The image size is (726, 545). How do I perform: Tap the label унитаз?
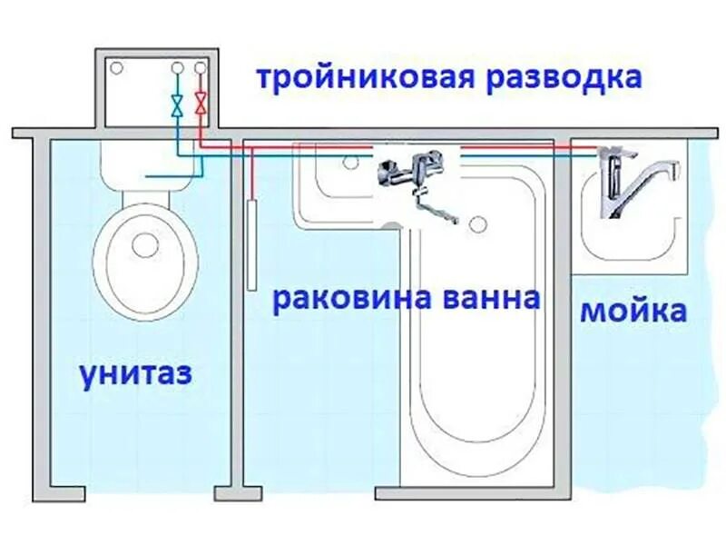(x=135, y=373)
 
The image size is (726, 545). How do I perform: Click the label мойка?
(x=633, y=312)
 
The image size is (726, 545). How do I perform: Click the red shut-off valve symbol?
(x=201, y=104)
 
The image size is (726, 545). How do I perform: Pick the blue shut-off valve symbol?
(x=178, y=104)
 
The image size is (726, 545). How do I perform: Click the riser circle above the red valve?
(x=201, y=67)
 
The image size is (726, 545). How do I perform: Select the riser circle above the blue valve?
(x=178, y=67)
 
